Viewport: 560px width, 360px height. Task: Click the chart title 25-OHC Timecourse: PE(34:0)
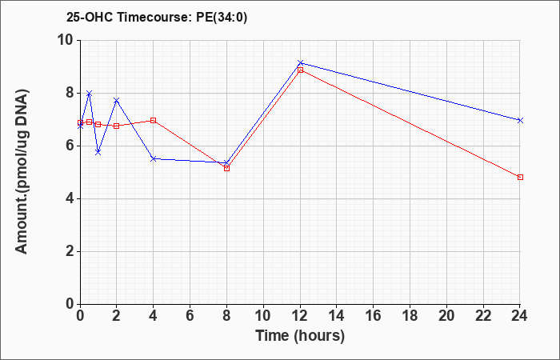point(157,18)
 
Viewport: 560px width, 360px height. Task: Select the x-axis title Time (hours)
point(300,336)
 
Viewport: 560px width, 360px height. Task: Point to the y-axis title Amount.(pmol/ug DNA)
point(22,172)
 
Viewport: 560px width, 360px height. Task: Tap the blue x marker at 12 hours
point(300,63)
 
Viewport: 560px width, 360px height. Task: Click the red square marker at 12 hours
point(300,70)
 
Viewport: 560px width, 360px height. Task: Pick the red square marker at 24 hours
point(520,177)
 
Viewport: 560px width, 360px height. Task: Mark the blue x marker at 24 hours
point(520,120)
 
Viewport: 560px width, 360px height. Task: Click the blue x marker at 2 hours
point(117,100)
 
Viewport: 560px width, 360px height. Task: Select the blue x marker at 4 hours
point(154,158)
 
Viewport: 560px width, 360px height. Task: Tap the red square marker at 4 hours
point(154,120)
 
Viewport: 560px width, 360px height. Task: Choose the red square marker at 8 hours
point(226,168)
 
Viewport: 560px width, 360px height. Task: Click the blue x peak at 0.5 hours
point(90,94)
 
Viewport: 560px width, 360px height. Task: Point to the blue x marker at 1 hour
point(98,153)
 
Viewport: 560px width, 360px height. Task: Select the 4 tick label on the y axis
point(70,198)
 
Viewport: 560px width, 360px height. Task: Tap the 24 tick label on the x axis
point(520,316)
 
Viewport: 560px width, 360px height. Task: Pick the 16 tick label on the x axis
point(374,316)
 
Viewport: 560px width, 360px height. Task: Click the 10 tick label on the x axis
point(263,316)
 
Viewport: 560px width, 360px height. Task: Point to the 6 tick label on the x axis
point(190,316)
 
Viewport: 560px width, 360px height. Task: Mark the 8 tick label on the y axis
point(70,94)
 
